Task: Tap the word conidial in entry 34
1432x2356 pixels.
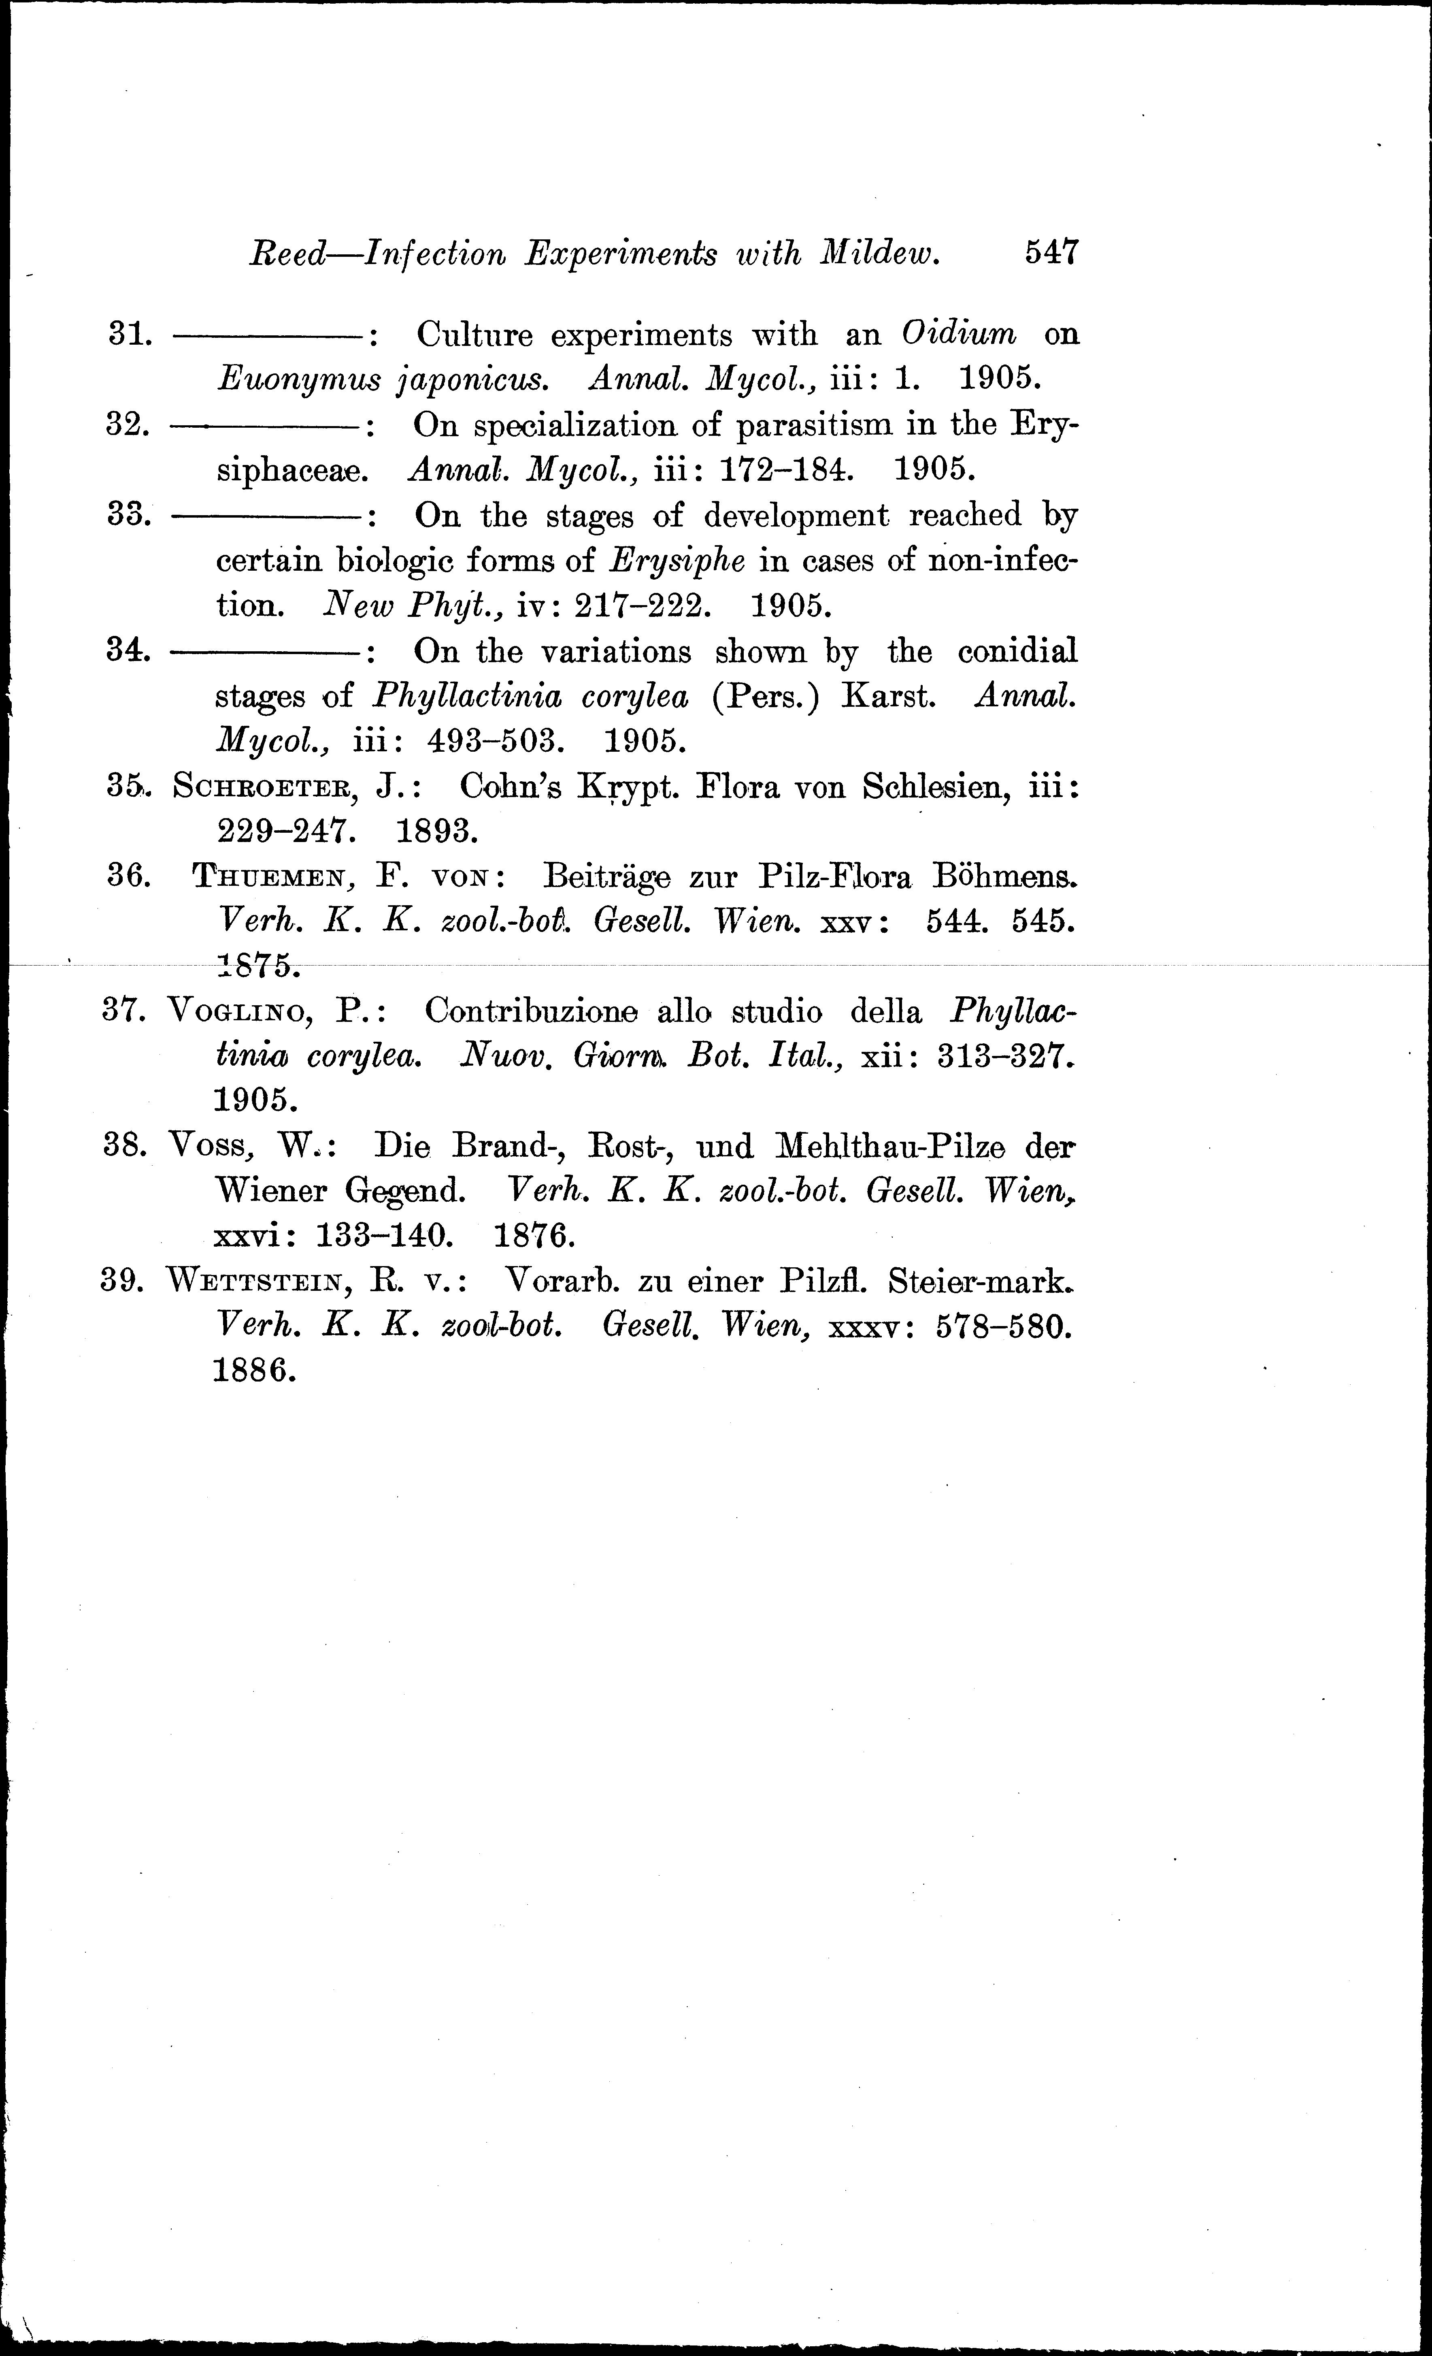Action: click(1017, 651)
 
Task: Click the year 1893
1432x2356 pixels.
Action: click(437, 832)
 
